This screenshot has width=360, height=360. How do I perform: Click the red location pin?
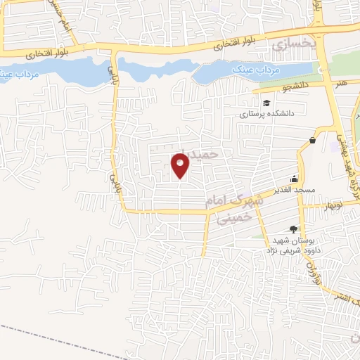(181, 165)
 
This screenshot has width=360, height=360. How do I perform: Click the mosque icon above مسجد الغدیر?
(294, 179)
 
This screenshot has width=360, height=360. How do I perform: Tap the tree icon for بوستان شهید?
(293, 229)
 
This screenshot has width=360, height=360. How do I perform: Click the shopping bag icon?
(311, 140)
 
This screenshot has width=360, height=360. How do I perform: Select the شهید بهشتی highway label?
(345, 159)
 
